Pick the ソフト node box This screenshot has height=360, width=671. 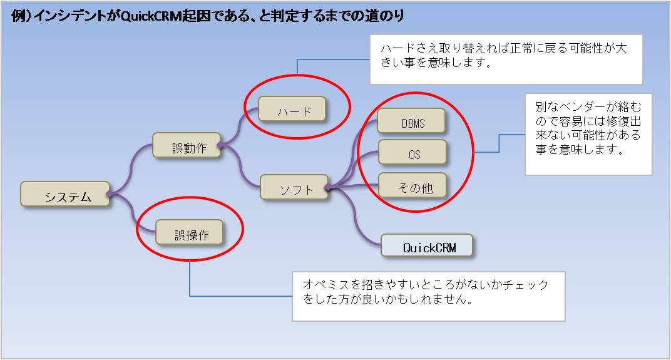(294, 188)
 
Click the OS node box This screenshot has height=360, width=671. (412, 153)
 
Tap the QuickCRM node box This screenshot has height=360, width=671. (428, 246)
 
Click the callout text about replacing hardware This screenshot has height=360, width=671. (506, 56)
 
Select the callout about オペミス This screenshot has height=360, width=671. (428, 292)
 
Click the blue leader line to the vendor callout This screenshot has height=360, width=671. (499, 143)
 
